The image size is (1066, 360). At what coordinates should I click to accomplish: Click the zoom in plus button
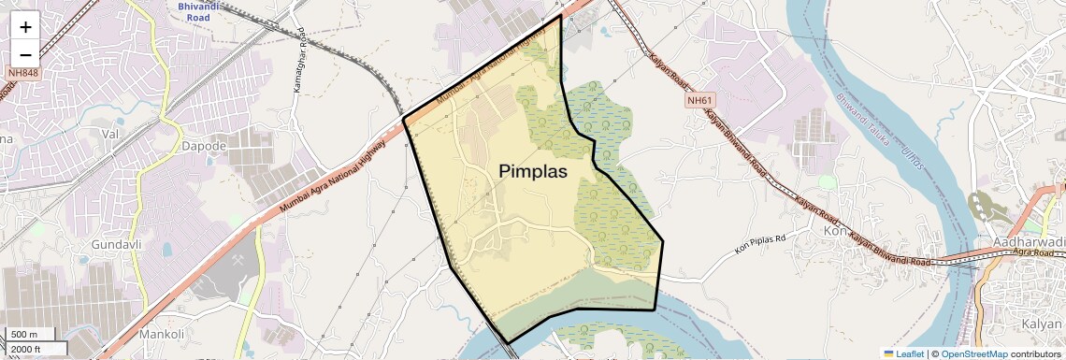pos(25,28)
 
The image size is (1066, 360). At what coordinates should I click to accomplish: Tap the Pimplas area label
pos(532,171)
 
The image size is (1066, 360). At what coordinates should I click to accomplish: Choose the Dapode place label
pos(205,147)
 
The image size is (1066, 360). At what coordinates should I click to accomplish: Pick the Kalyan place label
pos(1042,324)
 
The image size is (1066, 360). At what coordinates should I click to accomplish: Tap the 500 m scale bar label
pos(24,335)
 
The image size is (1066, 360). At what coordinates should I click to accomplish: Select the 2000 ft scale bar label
pos(27,349)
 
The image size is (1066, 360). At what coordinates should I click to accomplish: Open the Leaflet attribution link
pos(902,353)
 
